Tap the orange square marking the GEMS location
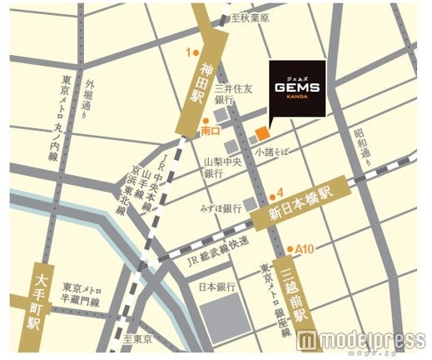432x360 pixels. coord(262,132)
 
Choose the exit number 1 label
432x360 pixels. coord(188,52)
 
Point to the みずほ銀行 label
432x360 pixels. coord(221,206)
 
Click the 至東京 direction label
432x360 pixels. coord(139,339)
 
